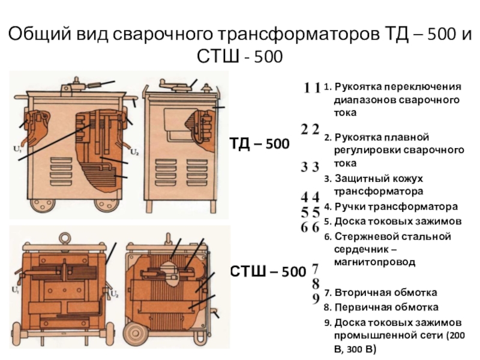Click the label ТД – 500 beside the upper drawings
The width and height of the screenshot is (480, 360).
tap(260, 145)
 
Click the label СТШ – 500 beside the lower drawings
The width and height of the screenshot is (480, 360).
tap(268, 272)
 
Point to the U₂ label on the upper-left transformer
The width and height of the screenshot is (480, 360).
tap(136, 151)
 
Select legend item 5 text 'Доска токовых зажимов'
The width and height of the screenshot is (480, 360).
tap(398, 221)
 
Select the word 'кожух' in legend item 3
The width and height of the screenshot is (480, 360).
tap(406, 179)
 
